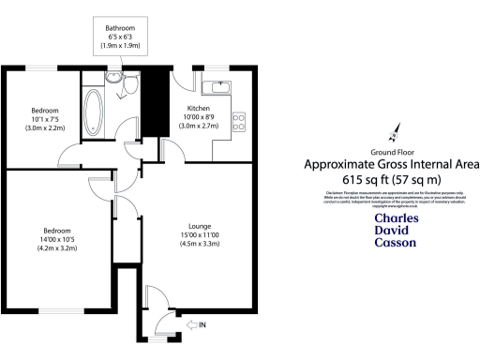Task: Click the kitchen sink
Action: [221, 89]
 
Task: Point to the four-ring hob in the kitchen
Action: [238, 121]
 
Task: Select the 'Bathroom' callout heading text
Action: [119, 29]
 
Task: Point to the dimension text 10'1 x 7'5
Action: [44, 119]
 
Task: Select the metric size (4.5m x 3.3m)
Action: [200, 245]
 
